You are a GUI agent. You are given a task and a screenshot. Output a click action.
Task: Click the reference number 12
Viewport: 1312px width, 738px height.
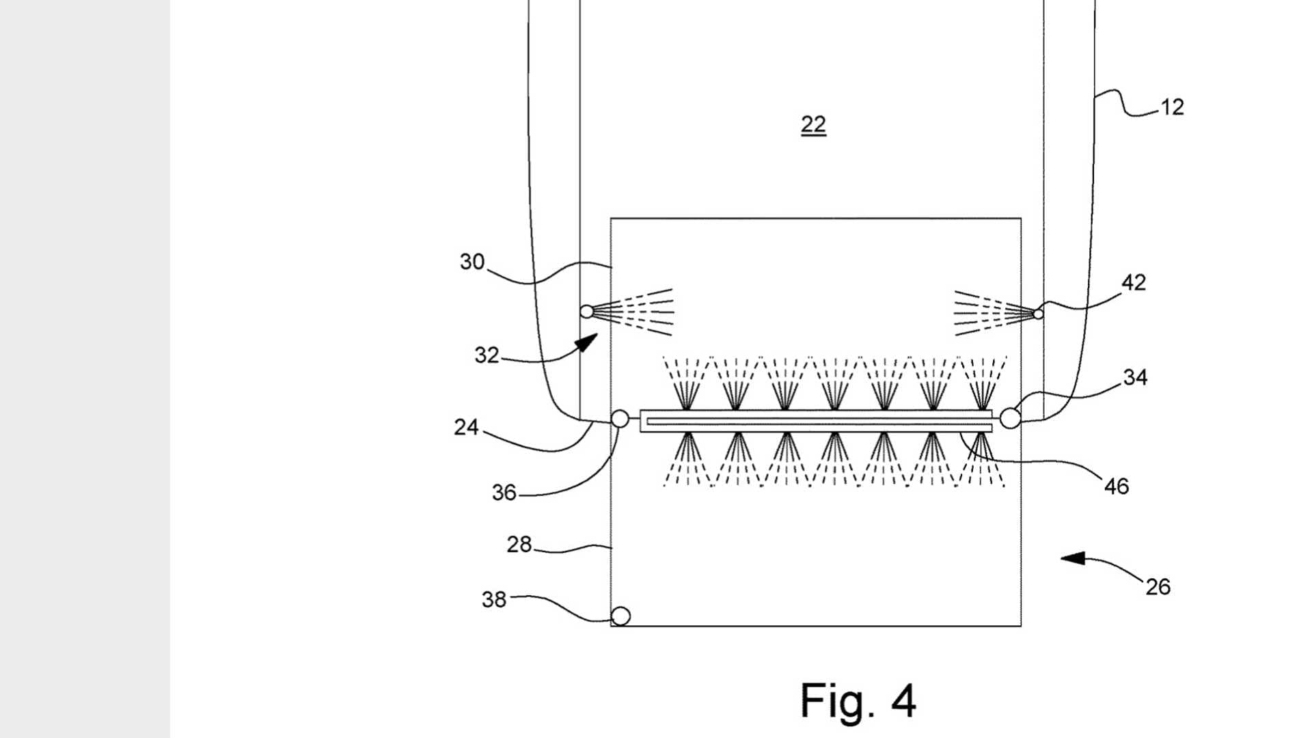pos(1172,107)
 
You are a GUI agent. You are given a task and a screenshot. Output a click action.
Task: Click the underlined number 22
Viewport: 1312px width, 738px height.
pos(813,124)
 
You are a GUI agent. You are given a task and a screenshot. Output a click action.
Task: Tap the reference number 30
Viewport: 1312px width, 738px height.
pos(472,262)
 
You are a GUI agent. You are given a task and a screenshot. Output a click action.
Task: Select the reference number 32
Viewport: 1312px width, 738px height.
pos(487,355)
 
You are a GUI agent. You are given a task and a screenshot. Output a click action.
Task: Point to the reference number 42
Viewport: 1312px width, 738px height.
pos(1134,283)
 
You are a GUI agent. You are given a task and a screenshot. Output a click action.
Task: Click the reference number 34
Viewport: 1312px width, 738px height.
pos(1135,377)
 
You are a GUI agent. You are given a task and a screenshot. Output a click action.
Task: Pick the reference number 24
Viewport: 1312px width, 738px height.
pos(466,428)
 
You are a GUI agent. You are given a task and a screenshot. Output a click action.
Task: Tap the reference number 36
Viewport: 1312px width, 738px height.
pos(504,493)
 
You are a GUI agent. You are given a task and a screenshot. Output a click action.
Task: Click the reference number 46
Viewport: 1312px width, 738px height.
pos(1117,487)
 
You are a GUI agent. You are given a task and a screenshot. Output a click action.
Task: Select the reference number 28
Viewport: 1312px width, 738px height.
pos(519,545)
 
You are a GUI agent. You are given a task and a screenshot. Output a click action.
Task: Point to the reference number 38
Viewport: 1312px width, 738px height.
pos(494,600)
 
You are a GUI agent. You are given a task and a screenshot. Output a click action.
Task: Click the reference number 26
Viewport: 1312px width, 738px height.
pos(1158,587)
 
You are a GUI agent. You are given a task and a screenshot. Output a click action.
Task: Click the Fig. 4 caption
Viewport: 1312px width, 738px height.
pos(858,701)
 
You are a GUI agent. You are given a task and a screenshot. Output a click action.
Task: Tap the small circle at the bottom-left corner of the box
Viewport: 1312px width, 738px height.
pos(620,616)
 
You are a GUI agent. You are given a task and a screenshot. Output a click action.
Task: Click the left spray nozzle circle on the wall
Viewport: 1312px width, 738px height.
pos(587,312)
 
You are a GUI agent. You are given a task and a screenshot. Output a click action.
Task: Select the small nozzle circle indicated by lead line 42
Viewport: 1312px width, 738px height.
pos(1039,314)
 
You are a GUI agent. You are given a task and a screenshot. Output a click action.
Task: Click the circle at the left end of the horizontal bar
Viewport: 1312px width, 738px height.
pos(620,418)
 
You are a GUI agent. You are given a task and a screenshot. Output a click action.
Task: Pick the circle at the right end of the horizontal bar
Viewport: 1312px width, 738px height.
pos(1010,418)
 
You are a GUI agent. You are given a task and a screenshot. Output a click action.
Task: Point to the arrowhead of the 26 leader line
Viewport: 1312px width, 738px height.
pos(1073,558)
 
